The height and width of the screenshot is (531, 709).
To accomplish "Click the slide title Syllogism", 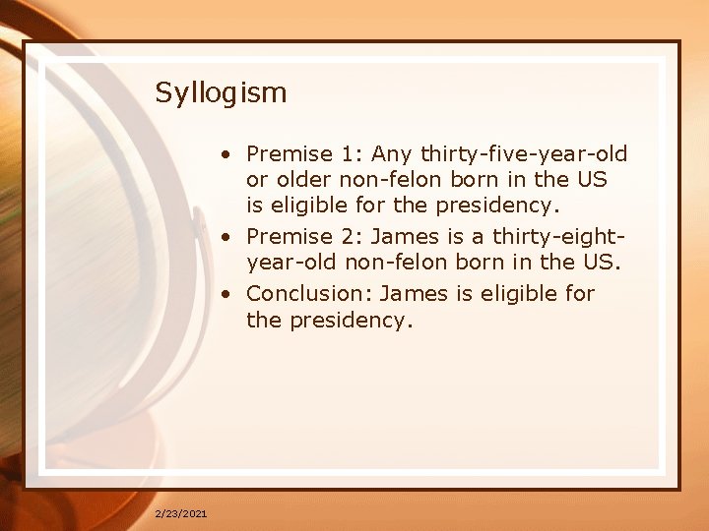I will click(221, 93).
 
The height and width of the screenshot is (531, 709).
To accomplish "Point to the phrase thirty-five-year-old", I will click(524, 153).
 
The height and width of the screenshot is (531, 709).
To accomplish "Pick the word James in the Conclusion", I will click(405, 293).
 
